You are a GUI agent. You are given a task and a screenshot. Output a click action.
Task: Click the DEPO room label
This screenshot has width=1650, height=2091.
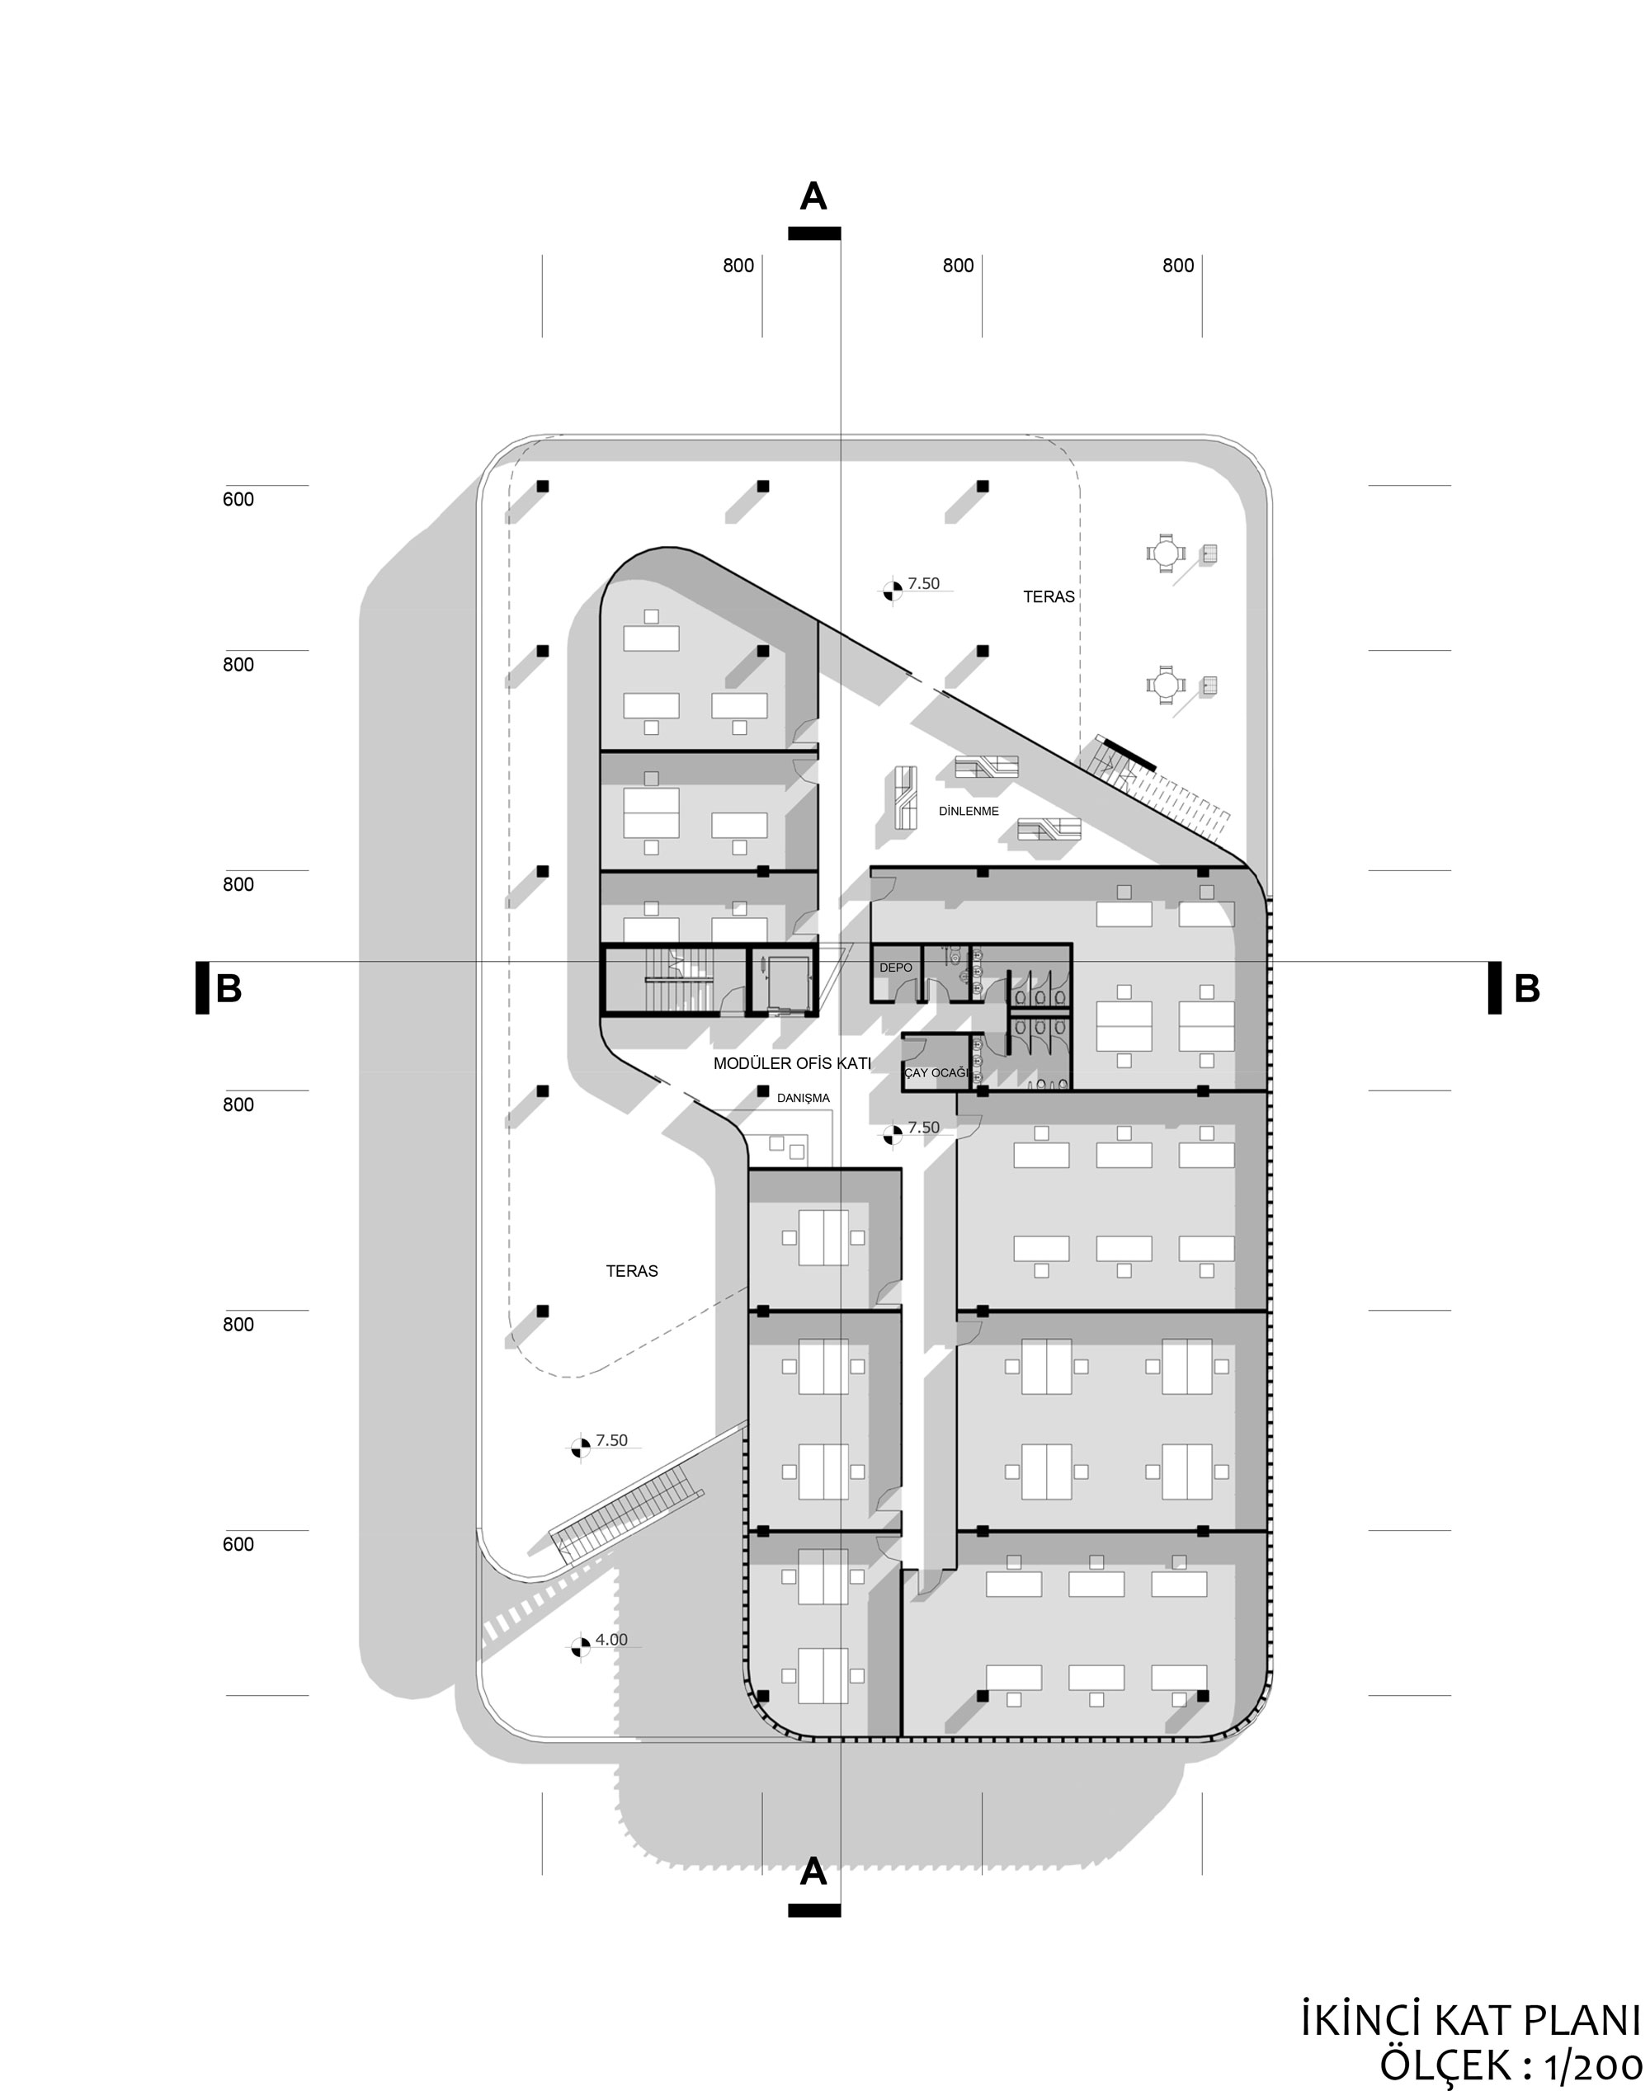pos(894,967)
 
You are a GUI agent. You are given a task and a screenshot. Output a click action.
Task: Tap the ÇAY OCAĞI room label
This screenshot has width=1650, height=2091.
pos(935,1073)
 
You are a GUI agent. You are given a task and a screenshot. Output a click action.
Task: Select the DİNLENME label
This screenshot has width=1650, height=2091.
pos(968,812)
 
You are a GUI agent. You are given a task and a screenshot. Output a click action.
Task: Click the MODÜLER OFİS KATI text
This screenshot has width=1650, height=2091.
pos(792,1063)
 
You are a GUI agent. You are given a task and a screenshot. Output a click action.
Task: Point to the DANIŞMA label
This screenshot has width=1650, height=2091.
pos(803,1097)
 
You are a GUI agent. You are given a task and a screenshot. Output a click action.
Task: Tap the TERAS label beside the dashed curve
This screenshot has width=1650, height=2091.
pos(632,1271)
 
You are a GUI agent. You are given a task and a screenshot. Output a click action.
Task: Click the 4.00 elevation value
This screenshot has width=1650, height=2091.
pos(611,1639)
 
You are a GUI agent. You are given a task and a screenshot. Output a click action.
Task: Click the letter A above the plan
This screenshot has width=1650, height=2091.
pos(813,196)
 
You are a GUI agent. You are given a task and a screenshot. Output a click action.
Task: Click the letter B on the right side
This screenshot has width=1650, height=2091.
pos(1527,988)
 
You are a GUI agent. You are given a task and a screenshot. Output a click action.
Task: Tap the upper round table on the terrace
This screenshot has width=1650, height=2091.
pos(1166,553)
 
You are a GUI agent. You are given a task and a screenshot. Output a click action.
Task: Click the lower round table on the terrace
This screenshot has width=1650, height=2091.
pos(1166,685)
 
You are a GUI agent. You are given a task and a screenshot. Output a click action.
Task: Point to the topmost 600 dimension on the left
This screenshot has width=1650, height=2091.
pos(238,499)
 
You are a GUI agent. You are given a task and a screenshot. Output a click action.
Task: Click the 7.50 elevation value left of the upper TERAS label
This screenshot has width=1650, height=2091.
pos(923,583)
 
